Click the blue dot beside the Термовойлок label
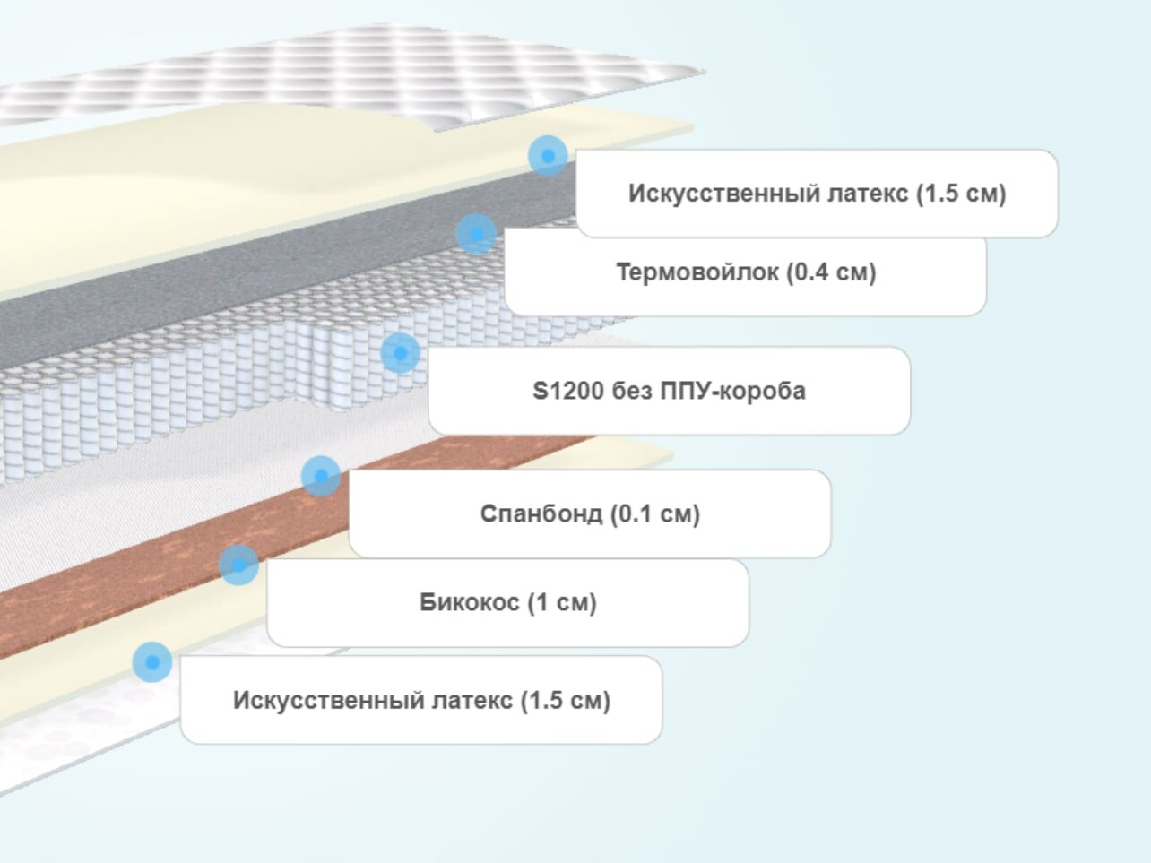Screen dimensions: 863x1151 click(x=476, y=234)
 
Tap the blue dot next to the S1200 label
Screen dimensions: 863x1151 click(x=400, y=353)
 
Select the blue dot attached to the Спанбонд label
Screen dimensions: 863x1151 click(x=321, y=476)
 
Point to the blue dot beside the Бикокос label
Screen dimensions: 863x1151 click(x=238, y=565)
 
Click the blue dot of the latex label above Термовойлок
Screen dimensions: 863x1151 click(x=548, y=156)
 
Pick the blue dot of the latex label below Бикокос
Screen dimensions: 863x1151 click(x=152, y=662)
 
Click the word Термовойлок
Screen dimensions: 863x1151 click(x=697, y=272)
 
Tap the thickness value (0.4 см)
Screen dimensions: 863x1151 click(x=831, y=272)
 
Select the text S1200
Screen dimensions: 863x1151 click(x=569, y=391)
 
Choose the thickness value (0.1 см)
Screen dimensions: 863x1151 click(x=654, y=513)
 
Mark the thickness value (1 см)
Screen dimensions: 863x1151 click(x=561, y=602)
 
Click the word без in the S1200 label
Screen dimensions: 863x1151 click(x=632, y=391)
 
